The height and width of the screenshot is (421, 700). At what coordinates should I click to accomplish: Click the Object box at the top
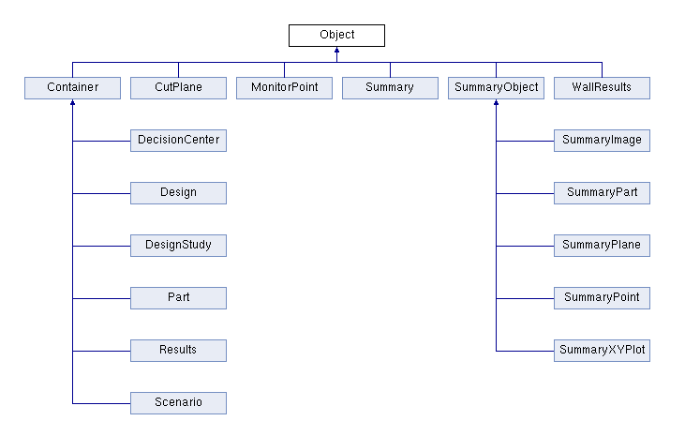pyautogui.click(x=336, y=36)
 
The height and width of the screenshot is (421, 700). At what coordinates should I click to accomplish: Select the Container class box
pyautogui.click(x=72, y=88)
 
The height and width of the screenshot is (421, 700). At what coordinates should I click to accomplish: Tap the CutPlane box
pyautogui.click(x=178, y=88)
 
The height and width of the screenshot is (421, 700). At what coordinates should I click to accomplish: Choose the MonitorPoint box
pyautogui.click(x=284, y=88)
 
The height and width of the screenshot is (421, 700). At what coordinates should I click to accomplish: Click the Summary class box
pyautogui.click(x=390, y=88)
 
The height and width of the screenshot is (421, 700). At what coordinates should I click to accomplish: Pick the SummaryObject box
pyautogui.click(x=496, y=88)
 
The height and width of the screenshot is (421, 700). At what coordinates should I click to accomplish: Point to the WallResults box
pyautogui.click(x=602, y=88)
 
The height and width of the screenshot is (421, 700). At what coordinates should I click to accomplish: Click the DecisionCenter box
pyautogui.click(x=178, y=141)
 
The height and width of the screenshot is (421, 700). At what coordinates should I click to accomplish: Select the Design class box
pyautogui.click(x=178, y=193)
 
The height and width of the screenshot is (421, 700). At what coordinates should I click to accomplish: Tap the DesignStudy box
pyautogui.click(x=178, y=246)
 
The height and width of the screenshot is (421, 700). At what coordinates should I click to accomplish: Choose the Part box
pyautogui.click(x=178, y=298)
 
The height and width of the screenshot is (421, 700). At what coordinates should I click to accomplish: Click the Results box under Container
pyautogui.click(x=178, y=351)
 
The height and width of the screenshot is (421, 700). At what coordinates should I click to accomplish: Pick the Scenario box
pyautogui.click(x=178, y=403)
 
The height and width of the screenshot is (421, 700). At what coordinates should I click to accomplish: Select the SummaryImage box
pyautogui.click(x=602, y=141)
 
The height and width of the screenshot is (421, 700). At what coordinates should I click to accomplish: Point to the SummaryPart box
pyautogui.click(x=602, y=193)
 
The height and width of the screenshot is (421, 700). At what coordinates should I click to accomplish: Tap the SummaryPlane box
pyautogui.click(x=602, y=246)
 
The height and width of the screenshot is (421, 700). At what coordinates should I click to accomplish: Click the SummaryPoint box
pyautogui.click(x=602, y=298)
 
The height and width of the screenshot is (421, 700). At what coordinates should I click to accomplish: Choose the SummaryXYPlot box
pyautogui.click(x=602, y=351)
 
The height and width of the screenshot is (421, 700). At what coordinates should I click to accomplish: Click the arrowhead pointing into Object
pyautogui.click(x=336, y=52)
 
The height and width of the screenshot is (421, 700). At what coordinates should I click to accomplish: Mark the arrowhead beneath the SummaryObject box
pyautogui.click(x=496, y=104)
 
